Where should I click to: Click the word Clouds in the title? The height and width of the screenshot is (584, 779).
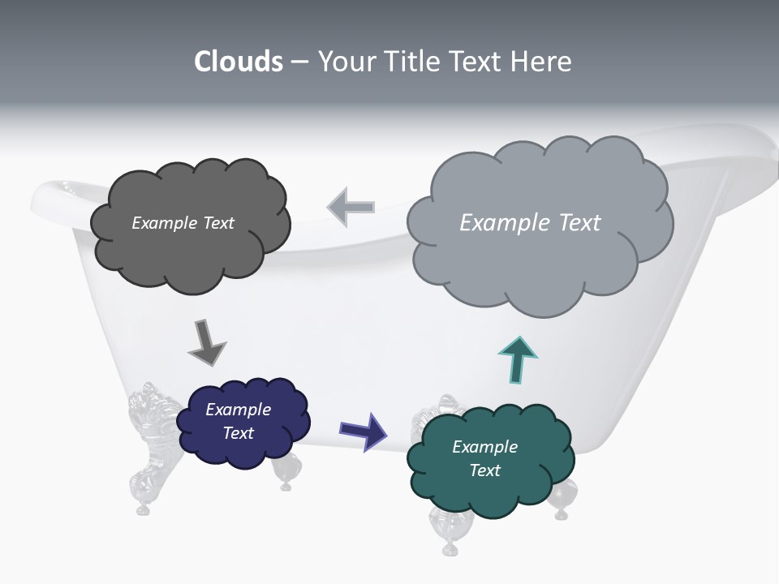(239, 62)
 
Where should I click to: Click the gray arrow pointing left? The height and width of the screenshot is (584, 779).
(351, 208)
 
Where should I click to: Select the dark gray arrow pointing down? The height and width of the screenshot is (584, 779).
(206, 342)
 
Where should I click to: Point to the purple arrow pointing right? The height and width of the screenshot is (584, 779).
(364, 430)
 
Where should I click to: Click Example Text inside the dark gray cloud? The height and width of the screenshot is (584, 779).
(183, 223)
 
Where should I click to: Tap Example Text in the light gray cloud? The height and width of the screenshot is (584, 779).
(530, 223)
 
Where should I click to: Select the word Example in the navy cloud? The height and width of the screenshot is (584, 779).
(238, 410)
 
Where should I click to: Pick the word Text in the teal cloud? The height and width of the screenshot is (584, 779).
(484, 470)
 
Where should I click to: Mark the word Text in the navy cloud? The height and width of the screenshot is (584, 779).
(238, 433)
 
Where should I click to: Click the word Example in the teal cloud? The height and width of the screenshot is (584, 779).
(484, 447)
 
